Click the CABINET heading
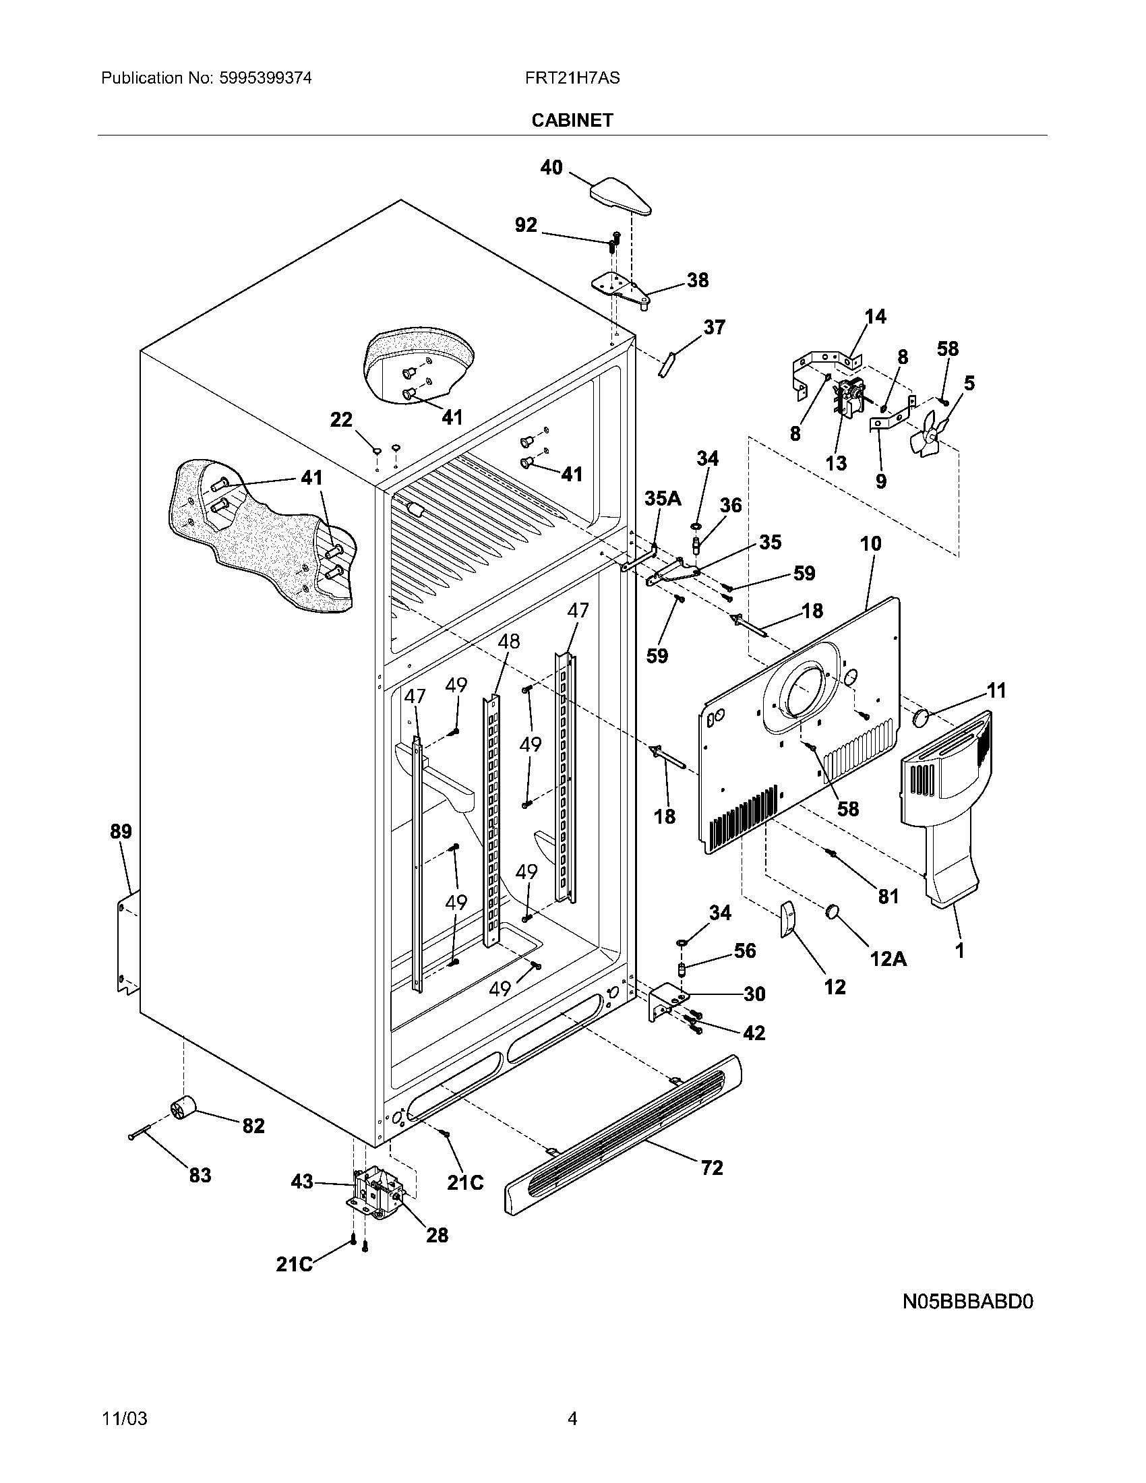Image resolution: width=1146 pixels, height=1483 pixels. tap(572, 120)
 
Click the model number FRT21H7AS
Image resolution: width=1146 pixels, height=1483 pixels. tap(572, 78)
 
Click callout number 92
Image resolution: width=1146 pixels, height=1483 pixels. tap(526, 224)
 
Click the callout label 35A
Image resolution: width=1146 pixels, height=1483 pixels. tap(662, 498)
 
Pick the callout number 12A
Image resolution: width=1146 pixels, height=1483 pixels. tap(888, 958)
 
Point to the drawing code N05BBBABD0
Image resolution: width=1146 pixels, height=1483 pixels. tap(967, 1302)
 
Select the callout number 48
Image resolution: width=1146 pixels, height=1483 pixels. tap(508, 641)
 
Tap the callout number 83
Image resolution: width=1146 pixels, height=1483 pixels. tap(200, 1175)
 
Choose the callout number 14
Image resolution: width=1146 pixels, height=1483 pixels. tap(875, 316)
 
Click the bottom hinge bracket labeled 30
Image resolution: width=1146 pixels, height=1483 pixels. tap(667, 1003)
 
